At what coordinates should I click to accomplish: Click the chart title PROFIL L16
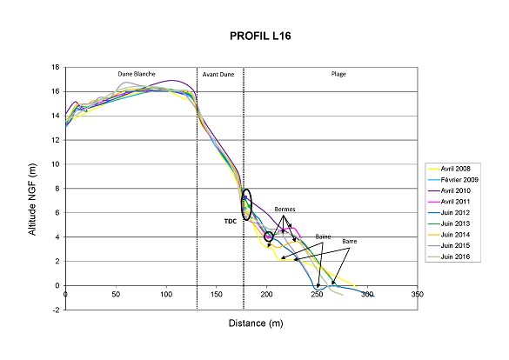(254, 37)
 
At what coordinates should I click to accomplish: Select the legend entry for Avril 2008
(459, 167)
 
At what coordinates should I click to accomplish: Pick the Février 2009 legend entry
(461, 178)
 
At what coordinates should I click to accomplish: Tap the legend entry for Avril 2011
(459, 201)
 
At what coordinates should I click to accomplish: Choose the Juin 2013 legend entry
(459, 223)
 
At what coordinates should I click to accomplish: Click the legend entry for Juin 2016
(459, 257)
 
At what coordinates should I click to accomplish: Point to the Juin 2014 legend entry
(459, 235)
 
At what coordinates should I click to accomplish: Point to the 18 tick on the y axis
(56, 67)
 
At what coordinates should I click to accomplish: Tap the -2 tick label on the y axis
(57, 310)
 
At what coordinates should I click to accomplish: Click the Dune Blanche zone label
(137, 75)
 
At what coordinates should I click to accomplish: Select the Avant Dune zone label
(219, 75)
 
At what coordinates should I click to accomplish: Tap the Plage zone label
(338, 75)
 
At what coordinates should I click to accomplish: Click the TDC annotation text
(231, 221)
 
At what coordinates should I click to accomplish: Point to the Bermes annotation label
(285, 210)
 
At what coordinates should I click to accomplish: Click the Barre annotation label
(348, 242)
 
